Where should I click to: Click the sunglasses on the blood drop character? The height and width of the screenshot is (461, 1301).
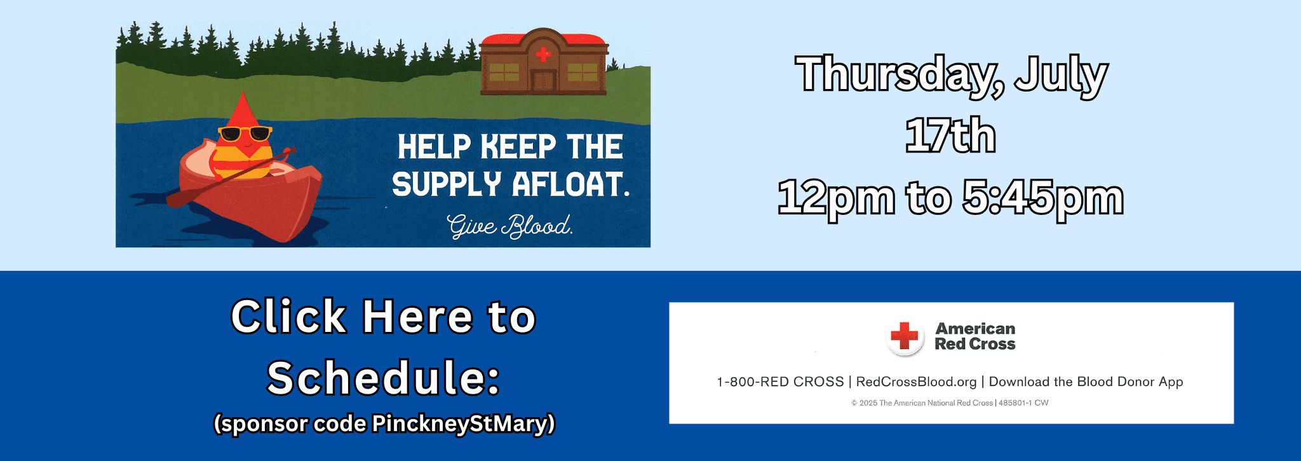[245, 134]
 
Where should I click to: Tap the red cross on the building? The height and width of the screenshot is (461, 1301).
[543, 54]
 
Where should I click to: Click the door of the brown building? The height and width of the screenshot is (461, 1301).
[543, 81]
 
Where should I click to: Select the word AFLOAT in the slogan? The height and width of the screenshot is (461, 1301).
[571, 184]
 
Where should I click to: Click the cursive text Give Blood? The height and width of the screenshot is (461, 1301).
[509, 226]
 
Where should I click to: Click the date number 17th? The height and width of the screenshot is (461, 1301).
[950, 135]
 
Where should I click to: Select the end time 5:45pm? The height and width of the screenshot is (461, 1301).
[1042, 198]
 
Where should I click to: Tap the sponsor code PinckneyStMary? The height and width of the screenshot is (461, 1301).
[462, 423]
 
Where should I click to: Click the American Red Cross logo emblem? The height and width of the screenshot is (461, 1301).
[905, 336]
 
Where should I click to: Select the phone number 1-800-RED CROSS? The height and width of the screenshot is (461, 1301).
[780, 382]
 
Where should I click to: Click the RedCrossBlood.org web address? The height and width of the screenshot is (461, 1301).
[916, 382]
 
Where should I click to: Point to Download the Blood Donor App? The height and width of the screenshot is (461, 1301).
[1086, 382]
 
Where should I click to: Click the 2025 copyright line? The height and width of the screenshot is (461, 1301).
[950, 403]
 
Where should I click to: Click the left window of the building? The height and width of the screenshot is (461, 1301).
[504, 72]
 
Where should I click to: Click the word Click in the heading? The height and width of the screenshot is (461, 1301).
[288, 316]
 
